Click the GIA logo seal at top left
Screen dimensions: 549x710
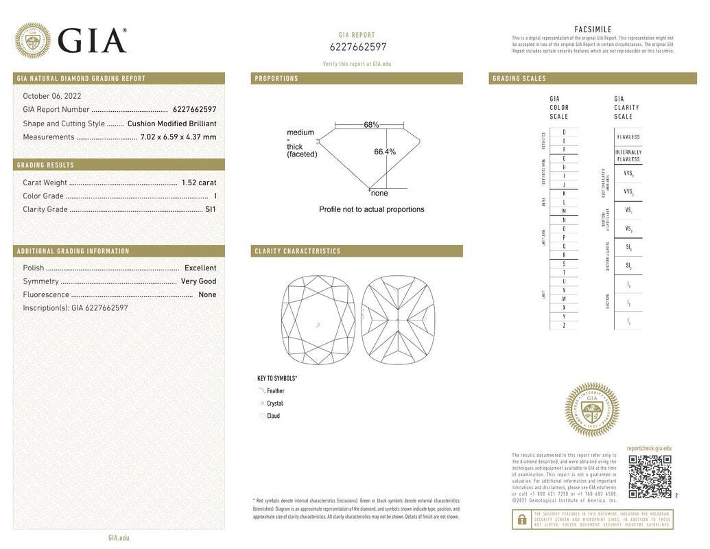32,40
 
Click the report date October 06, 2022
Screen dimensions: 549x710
52,96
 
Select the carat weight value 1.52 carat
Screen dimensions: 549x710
198,183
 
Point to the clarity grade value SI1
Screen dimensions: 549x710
211,209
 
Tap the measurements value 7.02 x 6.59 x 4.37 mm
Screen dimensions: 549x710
178,137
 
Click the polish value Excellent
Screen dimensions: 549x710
200,268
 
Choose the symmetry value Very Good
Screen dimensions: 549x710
198,281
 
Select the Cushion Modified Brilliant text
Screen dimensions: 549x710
171,124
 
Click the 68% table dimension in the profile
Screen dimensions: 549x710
371,125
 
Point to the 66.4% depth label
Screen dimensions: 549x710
385,152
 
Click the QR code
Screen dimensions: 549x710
650,476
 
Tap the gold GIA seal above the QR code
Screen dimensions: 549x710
591,410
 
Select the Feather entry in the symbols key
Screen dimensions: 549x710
275,391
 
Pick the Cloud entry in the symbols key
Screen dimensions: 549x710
273,416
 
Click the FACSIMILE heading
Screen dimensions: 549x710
593,30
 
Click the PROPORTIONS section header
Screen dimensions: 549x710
277,79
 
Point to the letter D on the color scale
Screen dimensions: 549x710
564,132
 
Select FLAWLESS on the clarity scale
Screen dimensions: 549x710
628,137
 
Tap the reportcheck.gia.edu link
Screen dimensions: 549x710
649,448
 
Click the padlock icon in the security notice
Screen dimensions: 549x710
522,519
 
